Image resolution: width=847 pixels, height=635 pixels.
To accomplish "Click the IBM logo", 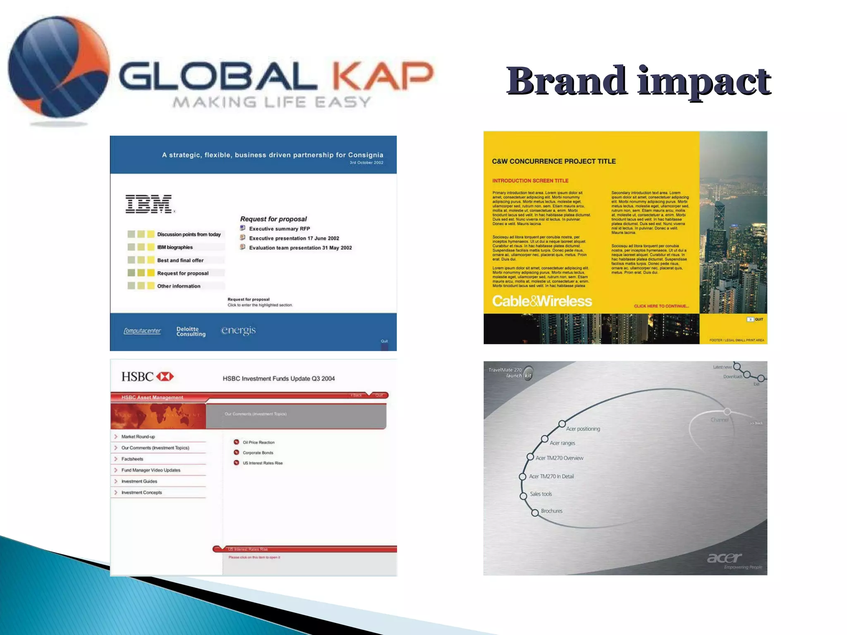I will point(149,204).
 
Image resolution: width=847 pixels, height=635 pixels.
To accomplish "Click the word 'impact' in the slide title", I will point(704,81).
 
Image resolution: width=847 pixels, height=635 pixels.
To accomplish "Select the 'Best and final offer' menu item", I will point(180,260).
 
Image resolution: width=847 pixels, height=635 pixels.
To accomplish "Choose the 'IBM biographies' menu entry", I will point(175,247).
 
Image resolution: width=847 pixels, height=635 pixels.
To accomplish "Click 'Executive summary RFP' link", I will point(279,229).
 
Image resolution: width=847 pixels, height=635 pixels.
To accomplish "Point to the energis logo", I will point(238,330).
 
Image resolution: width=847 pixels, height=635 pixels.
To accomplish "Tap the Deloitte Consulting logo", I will point(191,332).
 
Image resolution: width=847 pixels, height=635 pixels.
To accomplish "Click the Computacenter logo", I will point(142,331).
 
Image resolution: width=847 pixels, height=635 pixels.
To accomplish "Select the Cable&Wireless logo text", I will point(542,301).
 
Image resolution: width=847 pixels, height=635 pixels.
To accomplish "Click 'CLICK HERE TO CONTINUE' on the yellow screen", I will point(661,306).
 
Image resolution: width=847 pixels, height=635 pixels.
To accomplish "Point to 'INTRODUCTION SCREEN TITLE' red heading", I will point(530,181).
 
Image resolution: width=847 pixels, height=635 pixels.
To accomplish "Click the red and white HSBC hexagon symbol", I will point(165,377).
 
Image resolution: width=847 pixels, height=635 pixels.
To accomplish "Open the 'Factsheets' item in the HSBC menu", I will point(132,459).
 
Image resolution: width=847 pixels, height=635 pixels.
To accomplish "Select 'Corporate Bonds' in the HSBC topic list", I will point(258,453).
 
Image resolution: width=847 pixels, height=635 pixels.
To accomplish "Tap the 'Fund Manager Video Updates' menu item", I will point(151,470).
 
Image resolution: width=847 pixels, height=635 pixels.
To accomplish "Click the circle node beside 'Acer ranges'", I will point(545,439).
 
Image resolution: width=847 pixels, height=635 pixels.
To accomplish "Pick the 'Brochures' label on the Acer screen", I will point(552,511).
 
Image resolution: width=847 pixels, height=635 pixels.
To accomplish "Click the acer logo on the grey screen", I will point(724,558).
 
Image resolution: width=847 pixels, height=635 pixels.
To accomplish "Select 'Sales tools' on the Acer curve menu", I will point(541,494).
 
